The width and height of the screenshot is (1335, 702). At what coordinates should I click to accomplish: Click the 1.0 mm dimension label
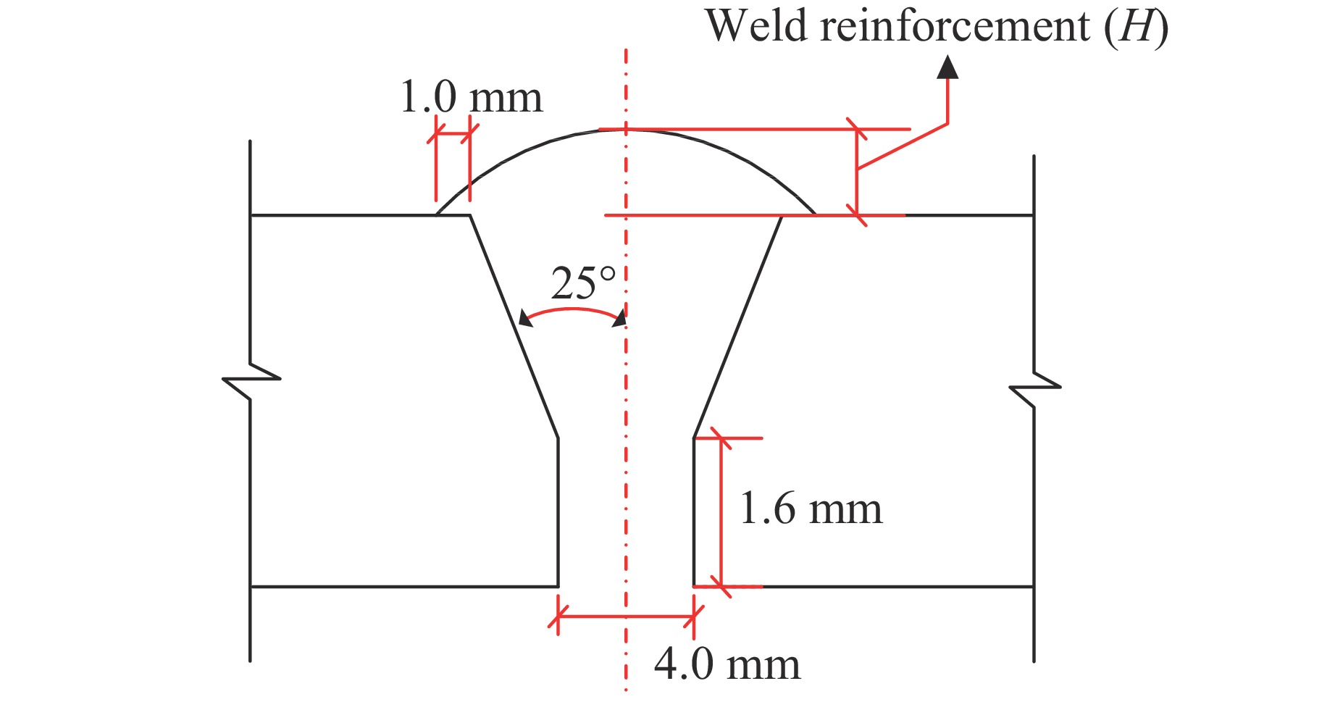[471, 98]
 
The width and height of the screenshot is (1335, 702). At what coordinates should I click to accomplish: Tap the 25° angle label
[583, 284]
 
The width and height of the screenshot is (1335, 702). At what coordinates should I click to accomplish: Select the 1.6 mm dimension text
[811, 509]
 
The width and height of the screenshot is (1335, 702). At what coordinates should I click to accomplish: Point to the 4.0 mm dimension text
[727, 664]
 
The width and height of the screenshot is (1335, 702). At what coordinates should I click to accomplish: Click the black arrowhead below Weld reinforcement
[947, 67]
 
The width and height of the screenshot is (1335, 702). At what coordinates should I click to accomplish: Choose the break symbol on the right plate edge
[1034, 390]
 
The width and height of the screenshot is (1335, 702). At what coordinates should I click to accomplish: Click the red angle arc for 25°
[572, 309]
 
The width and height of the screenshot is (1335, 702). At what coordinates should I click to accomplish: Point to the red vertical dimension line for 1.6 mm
[721, 511]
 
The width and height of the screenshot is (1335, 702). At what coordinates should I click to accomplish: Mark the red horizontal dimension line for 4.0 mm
[626, 617]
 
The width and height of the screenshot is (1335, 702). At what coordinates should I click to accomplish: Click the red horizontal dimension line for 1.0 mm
[453, 134]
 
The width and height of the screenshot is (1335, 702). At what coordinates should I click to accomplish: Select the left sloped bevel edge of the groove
[514, 326]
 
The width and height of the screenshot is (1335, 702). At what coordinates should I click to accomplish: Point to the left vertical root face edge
[558, 511]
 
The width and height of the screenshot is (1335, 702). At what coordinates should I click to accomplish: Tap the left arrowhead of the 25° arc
[524, 318]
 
